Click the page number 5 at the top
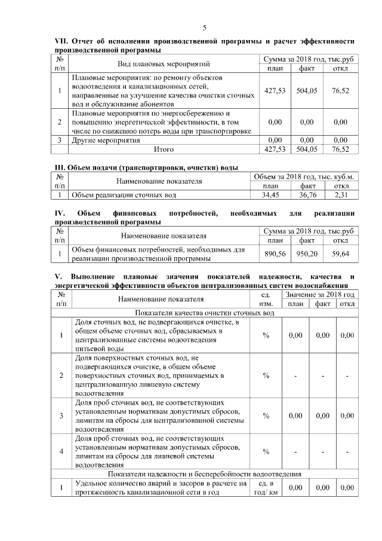point(205,28)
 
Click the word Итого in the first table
point(164,149)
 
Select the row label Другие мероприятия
point(106,140)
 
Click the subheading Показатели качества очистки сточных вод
point(205,313)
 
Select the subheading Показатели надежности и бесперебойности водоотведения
point(205,474)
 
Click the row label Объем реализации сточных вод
point(124,194)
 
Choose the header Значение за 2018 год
point(320,295)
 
